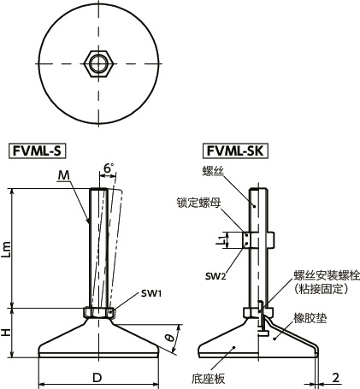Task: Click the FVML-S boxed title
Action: click(x=38, y=152)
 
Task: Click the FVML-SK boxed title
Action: click(x=234, y=152)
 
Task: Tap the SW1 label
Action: click(x=128, y=294)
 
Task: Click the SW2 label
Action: click(x=217, y=276)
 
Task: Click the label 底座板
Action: click(x=209, y=376)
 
